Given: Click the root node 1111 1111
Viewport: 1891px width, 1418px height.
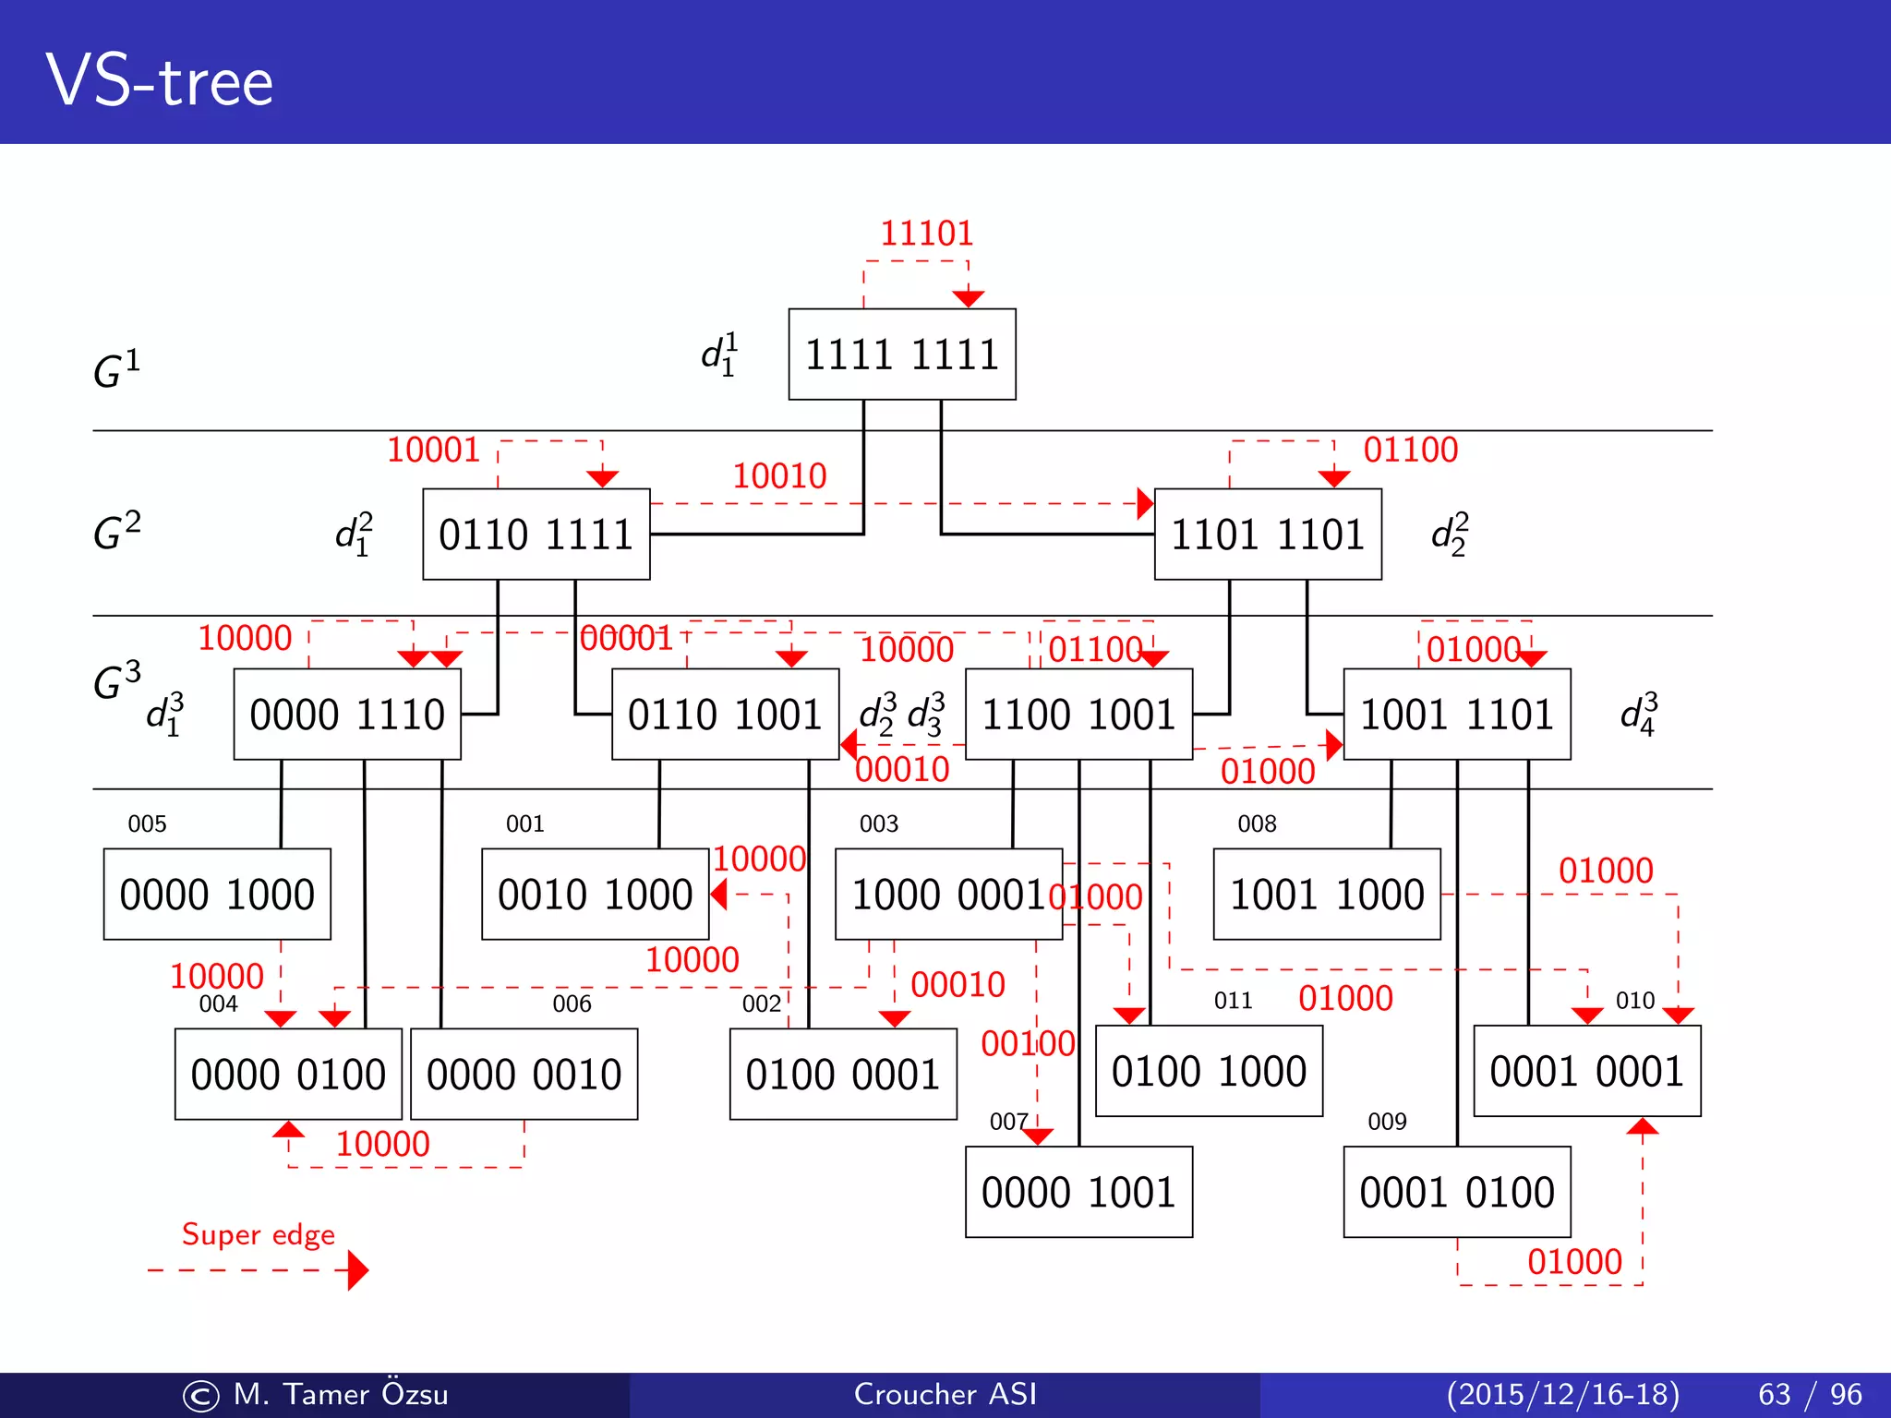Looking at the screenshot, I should (902, 354).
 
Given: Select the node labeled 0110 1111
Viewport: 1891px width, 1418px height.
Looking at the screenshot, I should (536, 535).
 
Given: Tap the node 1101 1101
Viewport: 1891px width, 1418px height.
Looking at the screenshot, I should (1268, 535).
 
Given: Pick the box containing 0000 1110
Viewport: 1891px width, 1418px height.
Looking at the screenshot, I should (347, 715).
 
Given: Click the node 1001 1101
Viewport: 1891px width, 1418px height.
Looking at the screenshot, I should (1456, 715).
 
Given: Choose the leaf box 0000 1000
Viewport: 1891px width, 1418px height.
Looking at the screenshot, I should (217, 895).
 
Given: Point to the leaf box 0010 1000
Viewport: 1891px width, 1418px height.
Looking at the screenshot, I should (595, 895).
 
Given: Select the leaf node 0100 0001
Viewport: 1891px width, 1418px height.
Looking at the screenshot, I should (842, 1075).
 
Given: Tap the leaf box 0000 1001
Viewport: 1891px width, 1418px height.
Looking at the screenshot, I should (1078, 1192).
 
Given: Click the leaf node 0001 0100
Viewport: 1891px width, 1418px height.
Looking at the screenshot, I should (1456, 1192).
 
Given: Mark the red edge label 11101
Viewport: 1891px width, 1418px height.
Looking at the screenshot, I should (926, 234).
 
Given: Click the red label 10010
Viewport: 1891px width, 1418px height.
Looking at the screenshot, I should (779, 476).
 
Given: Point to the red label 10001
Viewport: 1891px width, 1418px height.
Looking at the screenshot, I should (433, 451).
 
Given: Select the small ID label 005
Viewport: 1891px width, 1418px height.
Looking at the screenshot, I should (147, 823).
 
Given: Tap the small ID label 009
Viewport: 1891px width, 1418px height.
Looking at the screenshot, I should (1387, 1122).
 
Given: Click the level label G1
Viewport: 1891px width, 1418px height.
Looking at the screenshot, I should (117, 368).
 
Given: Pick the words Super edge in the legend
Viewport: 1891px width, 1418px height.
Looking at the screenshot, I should (258, 1234).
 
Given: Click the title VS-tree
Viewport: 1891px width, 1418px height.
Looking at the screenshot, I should (160, 81).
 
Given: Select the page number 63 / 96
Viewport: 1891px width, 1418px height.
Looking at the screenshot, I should (1810, 1394).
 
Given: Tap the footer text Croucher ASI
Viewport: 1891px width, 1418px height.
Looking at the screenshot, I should (945, 1394).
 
